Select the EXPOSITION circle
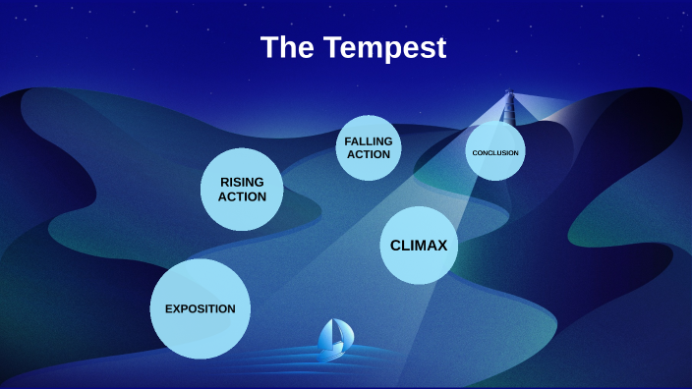tap(201, 308)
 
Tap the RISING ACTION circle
tap(242, 189)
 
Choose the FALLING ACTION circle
tap(369, 148)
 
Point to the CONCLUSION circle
tap(495, 152)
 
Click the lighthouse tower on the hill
tap(508, 108)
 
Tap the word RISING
tap(242, 182)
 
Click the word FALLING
tap(369, 141)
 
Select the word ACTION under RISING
tap(242, 196)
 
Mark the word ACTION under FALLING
tap(369, 155)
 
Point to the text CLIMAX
tap(419, 246)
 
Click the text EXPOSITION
tap(201, 308)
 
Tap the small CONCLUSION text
tap(495, 153)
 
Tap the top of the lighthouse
tap(509, 93)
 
